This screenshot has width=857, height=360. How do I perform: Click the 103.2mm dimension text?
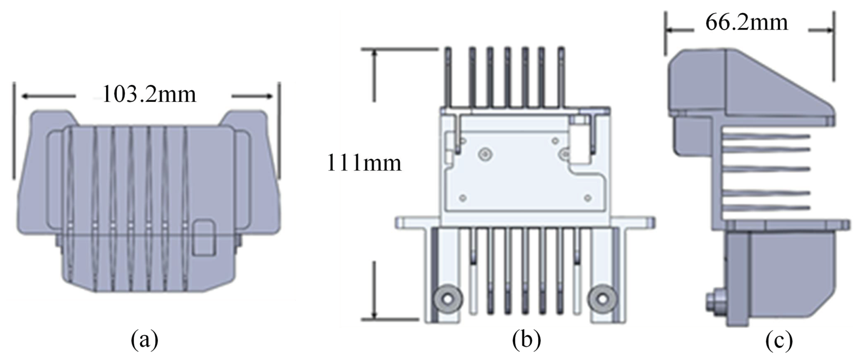(149, 94)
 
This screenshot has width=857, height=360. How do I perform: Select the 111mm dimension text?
(364, 163)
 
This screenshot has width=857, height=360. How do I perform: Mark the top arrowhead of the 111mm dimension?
(374, 53)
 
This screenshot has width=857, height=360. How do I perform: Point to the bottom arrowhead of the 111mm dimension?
(374, 316)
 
